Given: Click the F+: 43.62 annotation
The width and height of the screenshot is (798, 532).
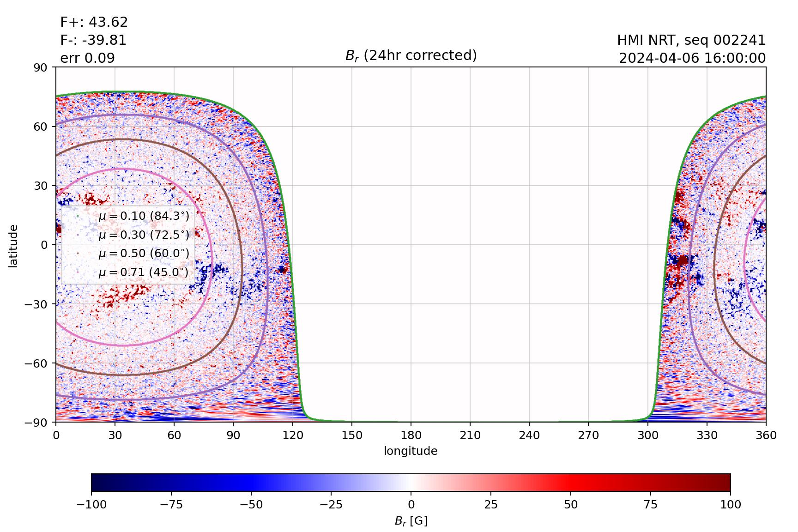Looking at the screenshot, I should (x=94, y=22).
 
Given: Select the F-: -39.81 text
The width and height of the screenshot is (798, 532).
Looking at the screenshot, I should (x=93, y=40).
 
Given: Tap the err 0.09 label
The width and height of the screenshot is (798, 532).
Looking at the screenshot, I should (x=88, y=58).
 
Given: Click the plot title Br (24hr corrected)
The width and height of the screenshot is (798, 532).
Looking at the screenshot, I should (x=411, y=55).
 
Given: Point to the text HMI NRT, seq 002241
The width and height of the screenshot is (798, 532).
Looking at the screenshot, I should (x=691, y=40).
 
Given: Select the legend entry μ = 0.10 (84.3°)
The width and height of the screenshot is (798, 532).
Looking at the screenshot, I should (x=144, y=216).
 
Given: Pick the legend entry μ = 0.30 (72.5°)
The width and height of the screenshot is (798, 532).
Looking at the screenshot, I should (x=144, y=235).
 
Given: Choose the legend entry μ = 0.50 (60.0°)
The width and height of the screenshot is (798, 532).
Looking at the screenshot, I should (x=144, y=254).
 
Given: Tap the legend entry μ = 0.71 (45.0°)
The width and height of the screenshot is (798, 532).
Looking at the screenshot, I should (x=144, y=272).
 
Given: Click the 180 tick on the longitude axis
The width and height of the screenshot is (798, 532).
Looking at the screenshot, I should (x=411, y=435).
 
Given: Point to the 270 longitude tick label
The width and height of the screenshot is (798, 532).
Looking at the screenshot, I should (x=588, y=435).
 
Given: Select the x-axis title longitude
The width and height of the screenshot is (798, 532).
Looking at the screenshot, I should (x=411, y=451).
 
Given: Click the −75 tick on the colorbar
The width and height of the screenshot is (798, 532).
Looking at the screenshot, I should (x=171, y=504).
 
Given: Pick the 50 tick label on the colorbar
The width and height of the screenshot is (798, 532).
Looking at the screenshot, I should (x=571, y=504).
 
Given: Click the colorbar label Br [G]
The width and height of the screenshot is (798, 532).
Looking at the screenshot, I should (x=411, y=521).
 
